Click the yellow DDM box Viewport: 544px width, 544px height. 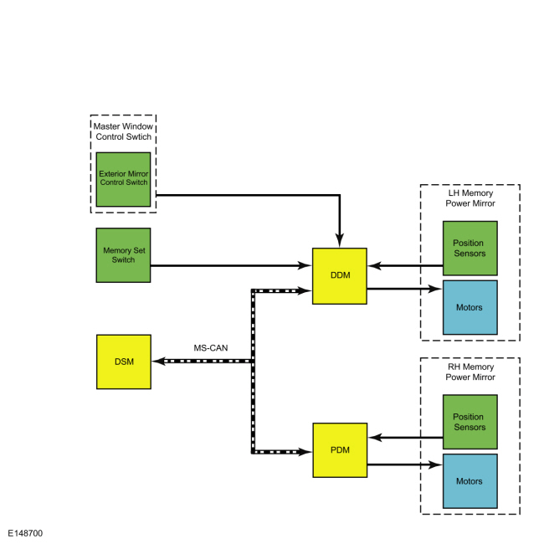click(340, 276)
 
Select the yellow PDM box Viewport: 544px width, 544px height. click(340, 450)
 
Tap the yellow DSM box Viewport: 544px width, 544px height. click(124, 362)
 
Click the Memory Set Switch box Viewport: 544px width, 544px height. click(124, 255)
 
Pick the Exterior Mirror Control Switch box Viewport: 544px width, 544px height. click(124, 179)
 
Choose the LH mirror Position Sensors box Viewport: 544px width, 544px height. click(470, 249)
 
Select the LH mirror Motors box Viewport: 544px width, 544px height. click(470, 307)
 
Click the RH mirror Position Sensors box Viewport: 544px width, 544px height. click(470, 422)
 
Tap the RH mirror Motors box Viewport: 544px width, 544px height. click(470, 481)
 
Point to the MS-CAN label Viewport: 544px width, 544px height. click(211, 348)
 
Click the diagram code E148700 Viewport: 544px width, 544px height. click(25, 533)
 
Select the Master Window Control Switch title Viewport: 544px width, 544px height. click(124, 131)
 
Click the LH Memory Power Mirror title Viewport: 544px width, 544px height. click(470, 198)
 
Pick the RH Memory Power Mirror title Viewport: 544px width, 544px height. click(470, 372)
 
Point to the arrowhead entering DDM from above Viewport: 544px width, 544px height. click(340, 240)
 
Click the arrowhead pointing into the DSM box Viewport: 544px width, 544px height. click(158, 362)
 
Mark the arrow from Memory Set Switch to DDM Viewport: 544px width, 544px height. click(231, 266)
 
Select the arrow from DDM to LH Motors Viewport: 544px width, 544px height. click(405, 289)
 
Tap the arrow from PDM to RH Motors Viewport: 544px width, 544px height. click(405, 464)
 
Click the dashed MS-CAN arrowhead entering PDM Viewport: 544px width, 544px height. click(305, 452)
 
